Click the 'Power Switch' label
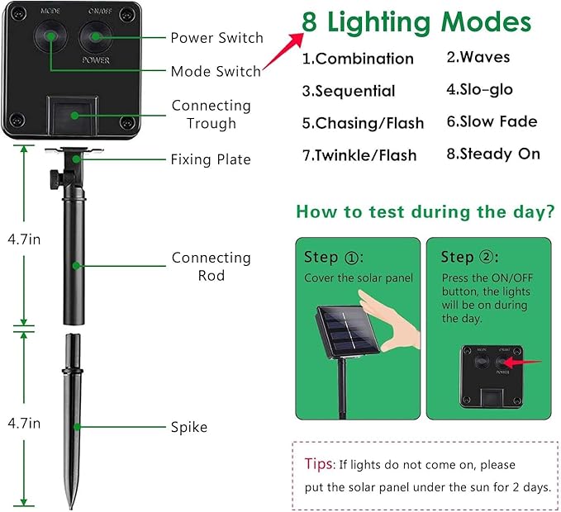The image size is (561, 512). (x=216, y=38)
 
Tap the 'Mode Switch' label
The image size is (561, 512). (x=215, y=72)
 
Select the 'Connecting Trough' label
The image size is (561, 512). (x=211, y=115)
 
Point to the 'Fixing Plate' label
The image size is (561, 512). (x=210, y=159)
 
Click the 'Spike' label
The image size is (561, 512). (x=190, y=427)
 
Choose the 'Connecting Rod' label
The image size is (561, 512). (x=211, y=266)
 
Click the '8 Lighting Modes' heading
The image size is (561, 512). (x=416, y=22)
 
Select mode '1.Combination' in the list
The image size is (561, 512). (x=357, y=59)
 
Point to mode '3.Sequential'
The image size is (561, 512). (x=349, y=91)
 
